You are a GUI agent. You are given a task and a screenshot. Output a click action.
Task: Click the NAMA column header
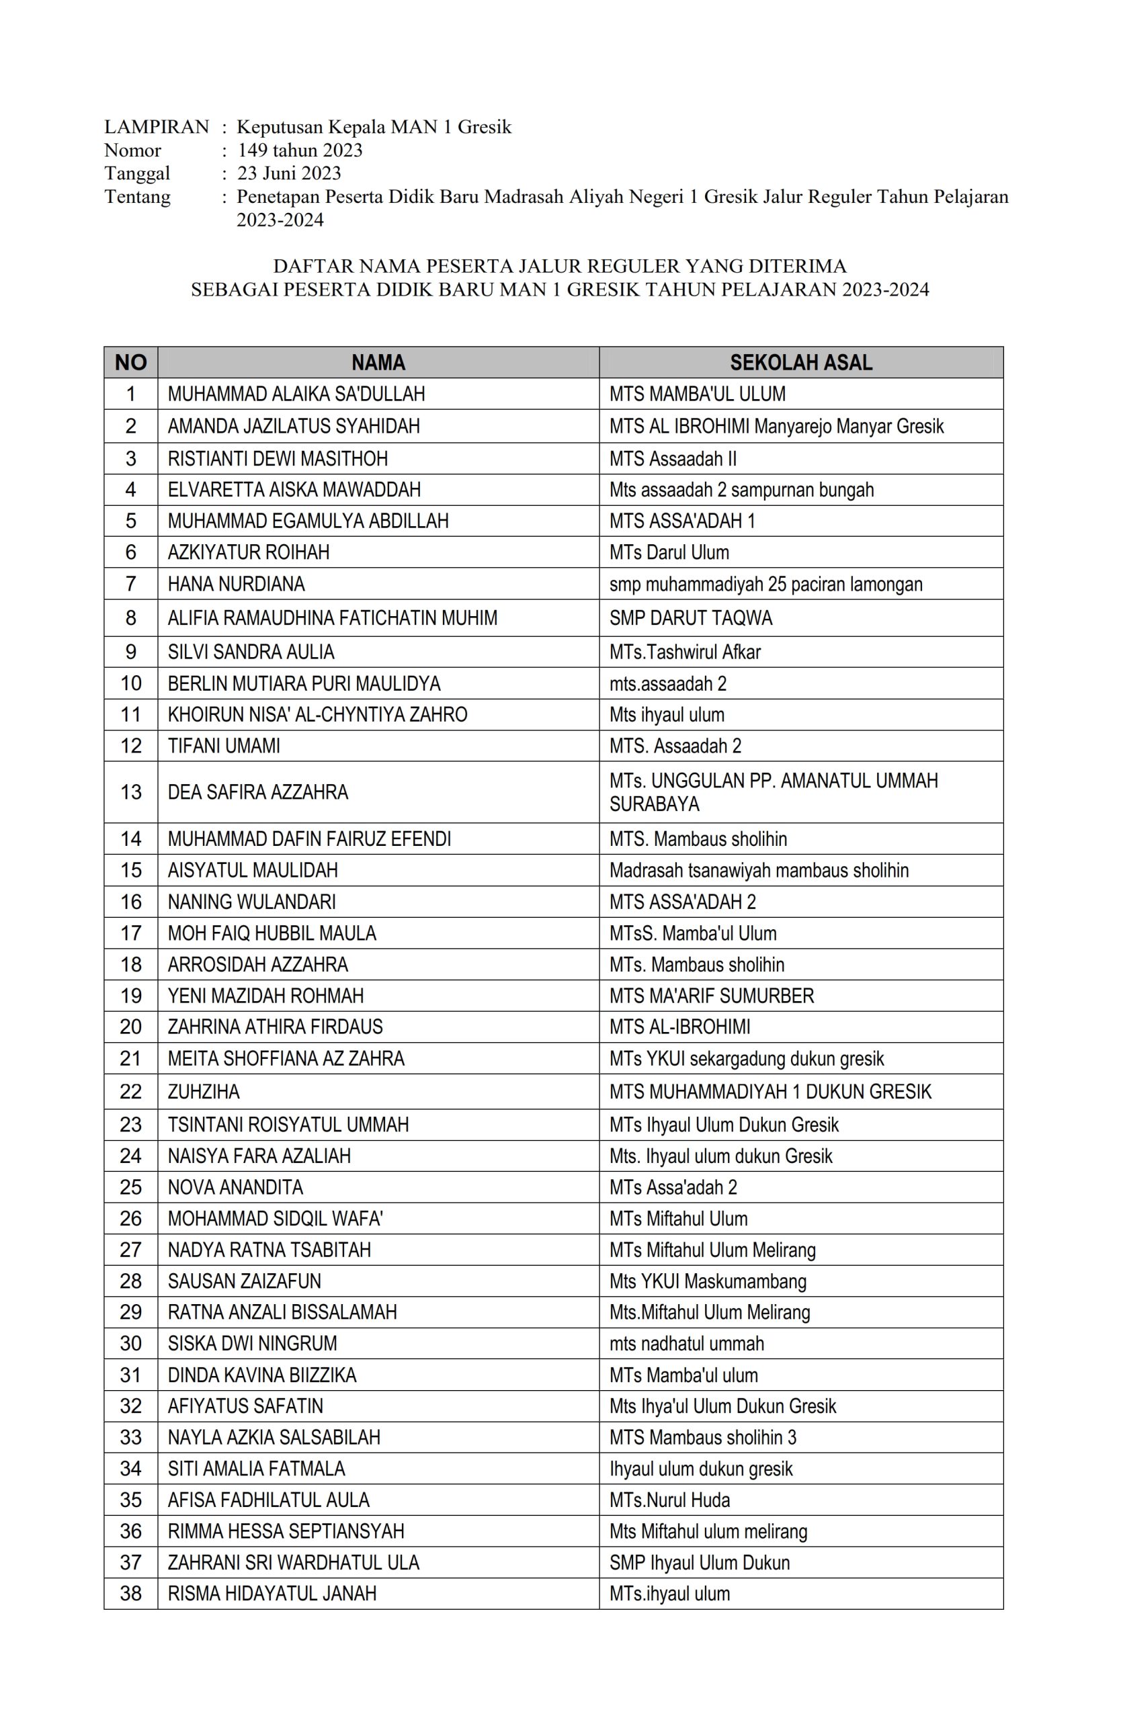click(x=378, y=362)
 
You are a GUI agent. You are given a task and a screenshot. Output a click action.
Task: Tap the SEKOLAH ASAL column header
click(x=800, y=362)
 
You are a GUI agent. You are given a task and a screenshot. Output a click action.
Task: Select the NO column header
click(x=131, y=362)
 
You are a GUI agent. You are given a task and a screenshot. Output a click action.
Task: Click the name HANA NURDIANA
click(x=237, y=583)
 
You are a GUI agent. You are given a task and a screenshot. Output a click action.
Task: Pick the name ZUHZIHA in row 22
click(x=204, y=1091)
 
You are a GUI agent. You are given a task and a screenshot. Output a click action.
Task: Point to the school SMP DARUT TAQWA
click(x=690, y=618)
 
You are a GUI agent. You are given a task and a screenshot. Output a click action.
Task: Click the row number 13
click(x=131, y=792)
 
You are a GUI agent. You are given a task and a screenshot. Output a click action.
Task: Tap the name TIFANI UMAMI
click(x=224, y=746)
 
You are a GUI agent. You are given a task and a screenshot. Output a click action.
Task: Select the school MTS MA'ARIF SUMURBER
click(x=711, y=996)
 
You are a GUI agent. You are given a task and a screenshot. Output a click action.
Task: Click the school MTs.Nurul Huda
click(x=669, y=1500)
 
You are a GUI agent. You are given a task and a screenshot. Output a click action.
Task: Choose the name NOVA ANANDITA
click(x=236, y=1187)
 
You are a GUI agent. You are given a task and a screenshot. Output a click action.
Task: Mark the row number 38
click(x=131, y=1594)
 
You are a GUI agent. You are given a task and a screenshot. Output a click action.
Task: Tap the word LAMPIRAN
click(x=156, y=127)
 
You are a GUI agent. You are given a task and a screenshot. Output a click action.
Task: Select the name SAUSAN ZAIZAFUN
click(x=244, y=1281)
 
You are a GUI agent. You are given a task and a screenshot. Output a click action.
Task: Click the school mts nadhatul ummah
click(x=687, y=1344)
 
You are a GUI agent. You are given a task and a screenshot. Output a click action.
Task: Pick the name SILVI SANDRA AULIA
click(x=251, y=652)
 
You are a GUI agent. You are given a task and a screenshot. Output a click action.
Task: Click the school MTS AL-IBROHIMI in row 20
click(x=679, y=1027)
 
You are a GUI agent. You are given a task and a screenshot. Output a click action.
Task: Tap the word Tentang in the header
click(x=137, y=197)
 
